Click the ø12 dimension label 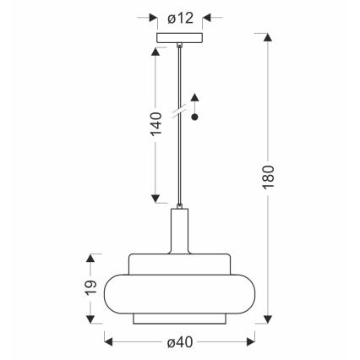[x=180, y=16]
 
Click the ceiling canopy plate [x=179, y=37]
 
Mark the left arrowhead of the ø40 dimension [x=106, y=341]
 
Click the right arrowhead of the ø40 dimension [x=253, y=341]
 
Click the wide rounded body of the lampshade [x=179, y=292]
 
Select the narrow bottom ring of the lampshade [x=179, y=319]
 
